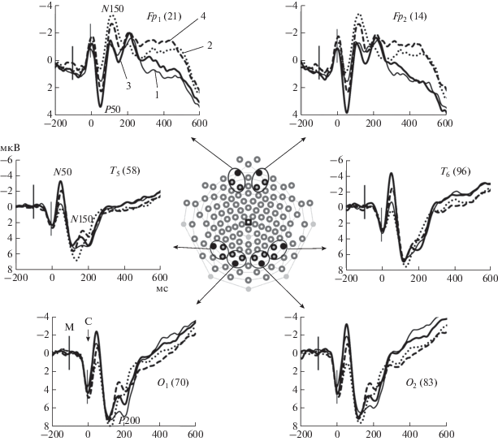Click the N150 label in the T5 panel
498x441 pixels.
coord(82,218)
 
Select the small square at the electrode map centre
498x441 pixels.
coord(249,222)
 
